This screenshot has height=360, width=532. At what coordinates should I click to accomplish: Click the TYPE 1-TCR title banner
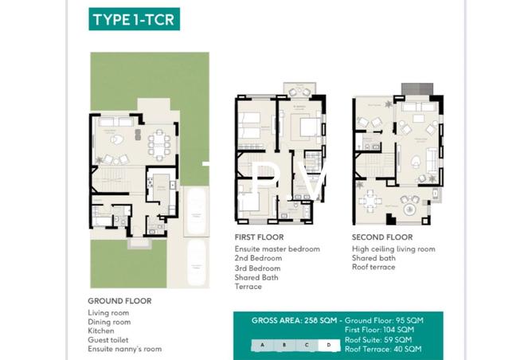pos(134,20)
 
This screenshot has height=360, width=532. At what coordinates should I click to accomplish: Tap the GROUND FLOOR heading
pos(119,301)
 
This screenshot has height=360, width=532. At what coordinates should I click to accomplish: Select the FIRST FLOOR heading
pos(259,237)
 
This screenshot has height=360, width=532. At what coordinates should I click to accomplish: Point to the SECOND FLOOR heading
pos(382,237)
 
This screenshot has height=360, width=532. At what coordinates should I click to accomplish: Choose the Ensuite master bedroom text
pos(277,249)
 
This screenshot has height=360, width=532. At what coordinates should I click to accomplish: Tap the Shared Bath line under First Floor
pos(256,276)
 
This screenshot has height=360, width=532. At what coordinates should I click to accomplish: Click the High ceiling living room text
pos(393,249)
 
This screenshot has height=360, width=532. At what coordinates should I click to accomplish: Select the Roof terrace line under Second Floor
pos(374,268)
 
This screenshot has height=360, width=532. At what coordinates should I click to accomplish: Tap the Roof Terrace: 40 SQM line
pos(383,349)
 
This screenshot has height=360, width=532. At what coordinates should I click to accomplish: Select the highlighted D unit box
pos(328,345)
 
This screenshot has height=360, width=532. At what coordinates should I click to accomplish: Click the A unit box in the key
pos(261,345)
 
